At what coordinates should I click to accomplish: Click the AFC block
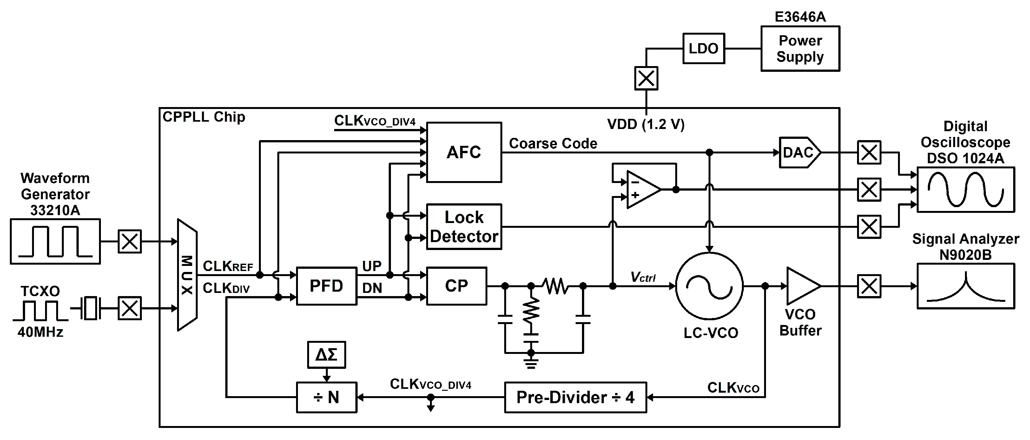click(464, 152)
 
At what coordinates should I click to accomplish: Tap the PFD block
click(326, 286)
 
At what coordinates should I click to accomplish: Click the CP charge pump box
click(456, 286)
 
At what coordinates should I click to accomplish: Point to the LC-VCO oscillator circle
click(709, 286)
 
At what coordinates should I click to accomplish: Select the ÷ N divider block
click(326, 397)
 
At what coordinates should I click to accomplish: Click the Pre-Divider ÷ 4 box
click(575, 397)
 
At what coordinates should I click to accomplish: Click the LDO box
click(703, 48)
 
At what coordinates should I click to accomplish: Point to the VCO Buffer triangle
click(801, 286)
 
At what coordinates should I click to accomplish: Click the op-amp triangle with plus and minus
click(641, 190)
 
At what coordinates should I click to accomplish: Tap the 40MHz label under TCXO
click(40, 332)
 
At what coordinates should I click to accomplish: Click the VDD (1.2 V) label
click(645, 125)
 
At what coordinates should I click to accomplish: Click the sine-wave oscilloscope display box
click(965, 190)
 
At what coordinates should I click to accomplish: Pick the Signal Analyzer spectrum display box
click(965, 286)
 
